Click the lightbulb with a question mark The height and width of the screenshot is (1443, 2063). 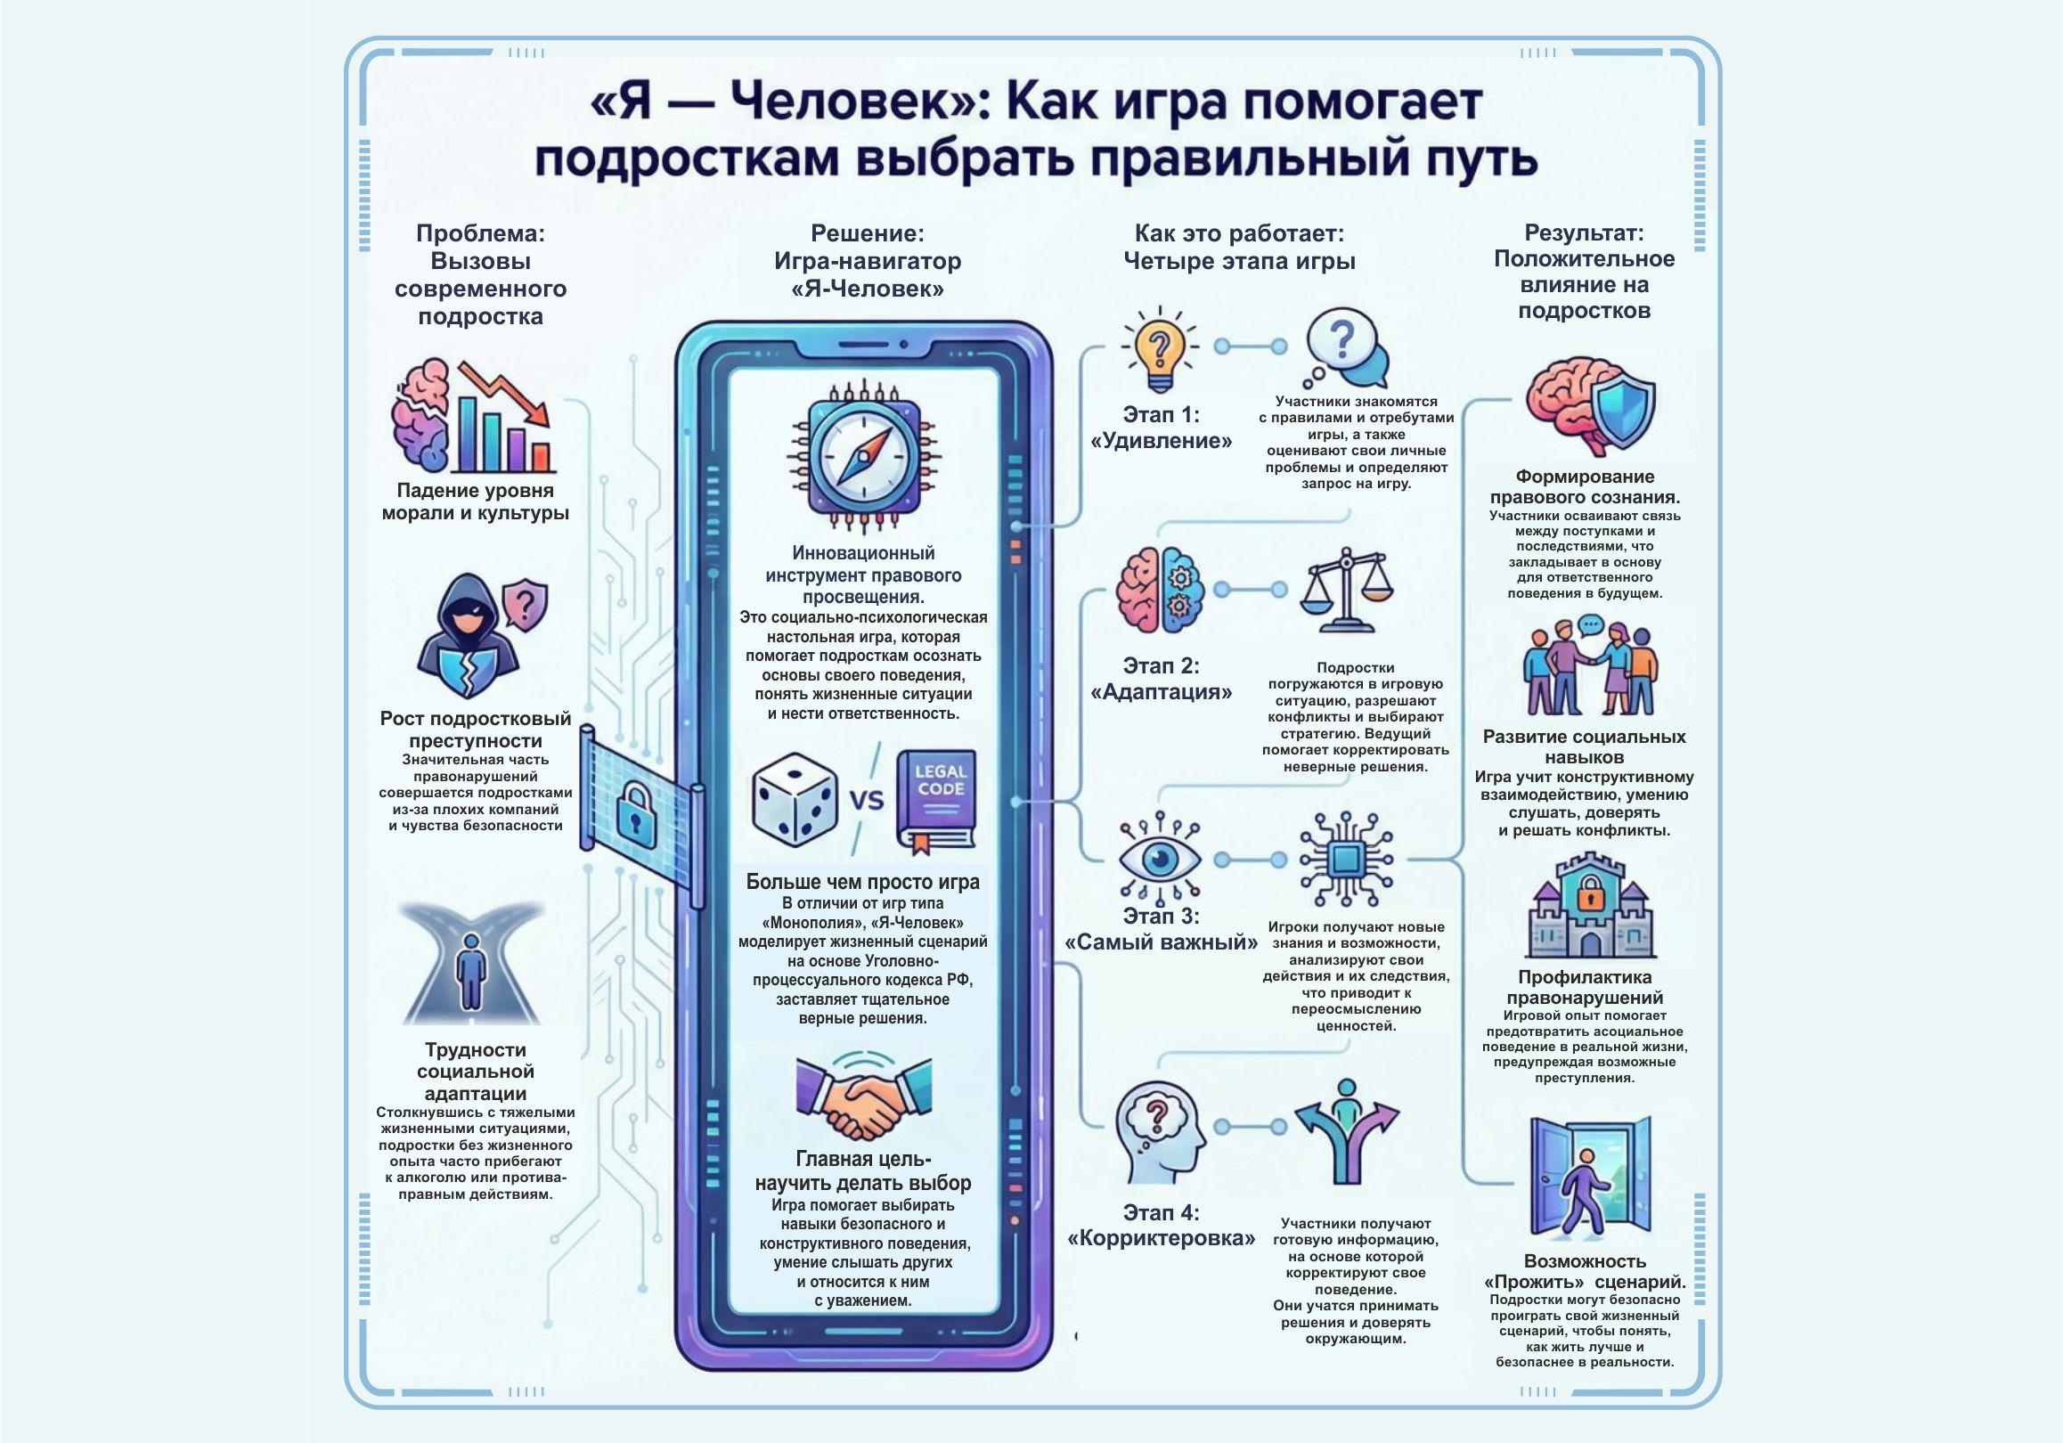click(x=1159, y=350)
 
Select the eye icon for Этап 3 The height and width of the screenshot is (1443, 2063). click(x=1159, y=858)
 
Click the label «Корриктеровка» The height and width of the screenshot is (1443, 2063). click(x=1161, y=1238)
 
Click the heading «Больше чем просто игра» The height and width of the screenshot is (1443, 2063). click(x=862, y=882)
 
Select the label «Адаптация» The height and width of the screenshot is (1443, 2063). click(x=1161, y=692)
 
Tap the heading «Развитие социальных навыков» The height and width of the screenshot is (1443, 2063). click(x=1584, y=746)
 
